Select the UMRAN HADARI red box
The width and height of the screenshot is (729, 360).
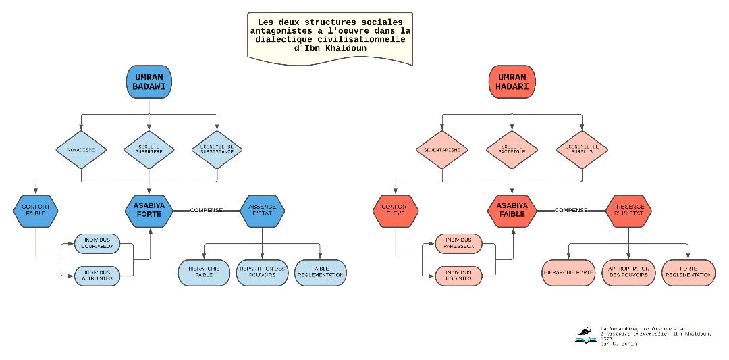tap(511, 82)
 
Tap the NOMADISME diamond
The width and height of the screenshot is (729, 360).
tap(81, 149)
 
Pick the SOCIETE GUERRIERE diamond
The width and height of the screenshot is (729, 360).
tap(149, 149)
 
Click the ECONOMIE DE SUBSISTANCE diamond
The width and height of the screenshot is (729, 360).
tap(217, 149)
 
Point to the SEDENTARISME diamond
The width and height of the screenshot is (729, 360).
tap(443, 149)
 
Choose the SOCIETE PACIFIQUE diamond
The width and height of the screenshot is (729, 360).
tap(511, 149)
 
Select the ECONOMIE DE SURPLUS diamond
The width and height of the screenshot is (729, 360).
tap(579, 149)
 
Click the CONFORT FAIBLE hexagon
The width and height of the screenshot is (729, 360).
tap(36, 210)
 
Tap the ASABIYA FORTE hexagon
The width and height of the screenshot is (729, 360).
tap(149, 210)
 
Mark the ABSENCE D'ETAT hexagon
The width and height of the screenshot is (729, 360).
tap(263, 210)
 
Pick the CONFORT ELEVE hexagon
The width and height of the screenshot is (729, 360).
tap(396, 210)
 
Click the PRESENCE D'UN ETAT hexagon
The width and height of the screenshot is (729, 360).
tap(628, 210)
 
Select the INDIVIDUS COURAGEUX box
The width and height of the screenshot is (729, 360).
tap(97, 242)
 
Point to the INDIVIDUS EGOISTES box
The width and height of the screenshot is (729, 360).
tap(459, 275)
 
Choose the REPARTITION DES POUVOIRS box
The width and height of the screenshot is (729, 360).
tap(263, 272)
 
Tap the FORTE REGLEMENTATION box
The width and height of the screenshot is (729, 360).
tap(688, 272)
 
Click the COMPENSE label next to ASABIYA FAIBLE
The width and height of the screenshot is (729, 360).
tap(569, 210)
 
